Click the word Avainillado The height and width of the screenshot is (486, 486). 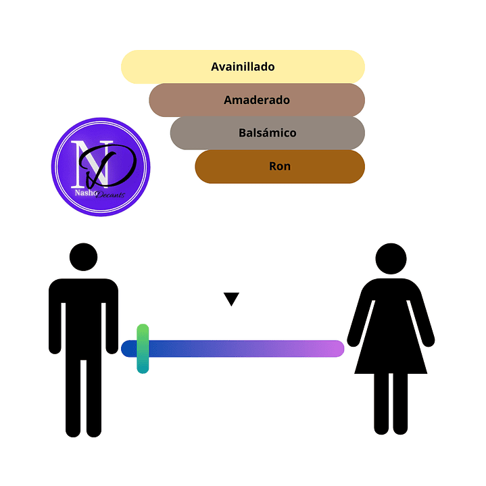tap(243, 67)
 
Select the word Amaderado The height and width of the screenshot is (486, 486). tap(257, 100)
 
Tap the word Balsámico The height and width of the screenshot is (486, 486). tap(268, 133)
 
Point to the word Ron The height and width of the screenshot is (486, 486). tap(280, 166)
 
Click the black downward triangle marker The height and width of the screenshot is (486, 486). tap(232, 299)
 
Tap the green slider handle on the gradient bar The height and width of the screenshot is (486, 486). tap(143, 349)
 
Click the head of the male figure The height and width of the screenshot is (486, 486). tap(84, 258)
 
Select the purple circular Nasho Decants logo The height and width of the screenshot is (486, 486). tap(101, 167)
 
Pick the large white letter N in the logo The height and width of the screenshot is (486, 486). tap(85, 162)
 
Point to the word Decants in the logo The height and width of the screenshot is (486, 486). tap(110, 195)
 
